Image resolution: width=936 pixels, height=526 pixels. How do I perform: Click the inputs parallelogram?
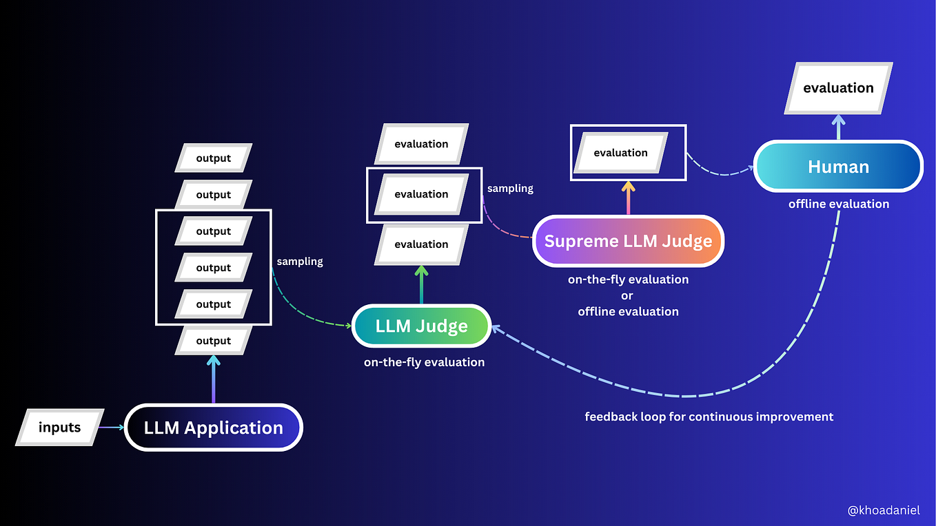pos(59,428)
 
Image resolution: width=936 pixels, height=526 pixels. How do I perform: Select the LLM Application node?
pos(213,428)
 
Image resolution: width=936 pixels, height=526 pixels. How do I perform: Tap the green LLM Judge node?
pos(421,326)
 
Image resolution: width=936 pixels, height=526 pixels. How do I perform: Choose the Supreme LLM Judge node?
pos(628,241)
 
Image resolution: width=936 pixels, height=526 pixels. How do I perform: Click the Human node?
pos(838,167)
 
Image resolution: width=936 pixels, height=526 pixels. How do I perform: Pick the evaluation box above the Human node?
pos(838,88)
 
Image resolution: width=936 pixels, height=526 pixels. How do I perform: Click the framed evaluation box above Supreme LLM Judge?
pos(620,153)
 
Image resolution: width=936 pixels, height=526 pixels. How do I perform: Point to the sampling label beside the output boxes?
pos(300,262)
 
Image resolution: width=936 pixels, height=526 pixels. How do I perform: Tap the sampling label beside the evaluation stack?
pos(510,188)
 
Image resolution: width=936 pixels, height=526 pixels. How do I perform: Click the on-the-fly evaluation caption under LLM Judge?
pos(424,362)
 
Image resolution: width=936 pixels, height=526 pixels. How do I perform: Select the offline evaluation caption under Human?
pos(838,204)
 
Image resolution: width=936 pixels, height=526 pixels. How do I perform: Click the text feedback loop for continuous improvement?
pos(709,417)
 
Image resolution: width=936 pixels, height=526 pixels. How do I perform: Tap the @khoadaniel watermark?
pos(884,510)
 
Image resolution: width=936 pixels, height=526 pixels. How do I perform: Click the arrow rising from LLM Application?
pos(213,379)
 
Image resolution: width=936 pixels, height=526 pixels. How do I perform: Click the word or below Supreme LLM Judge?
pos(628,295)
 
